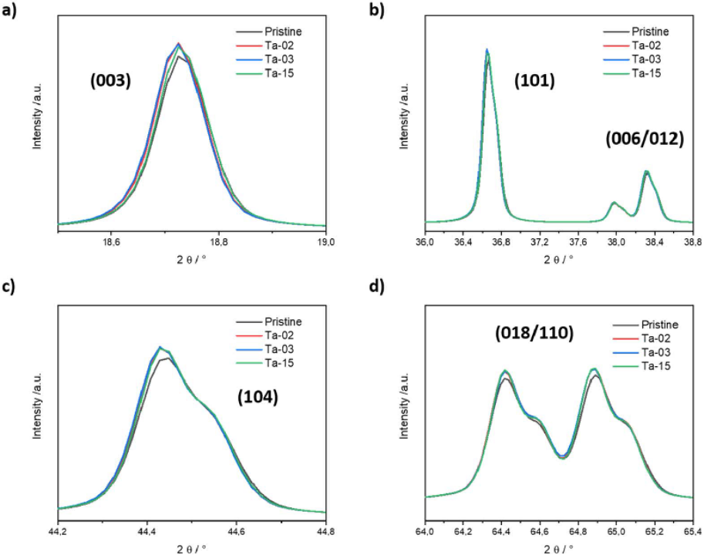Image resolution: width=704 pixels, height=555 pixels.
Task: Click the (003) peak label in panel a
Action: click(x=109, y=80)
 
